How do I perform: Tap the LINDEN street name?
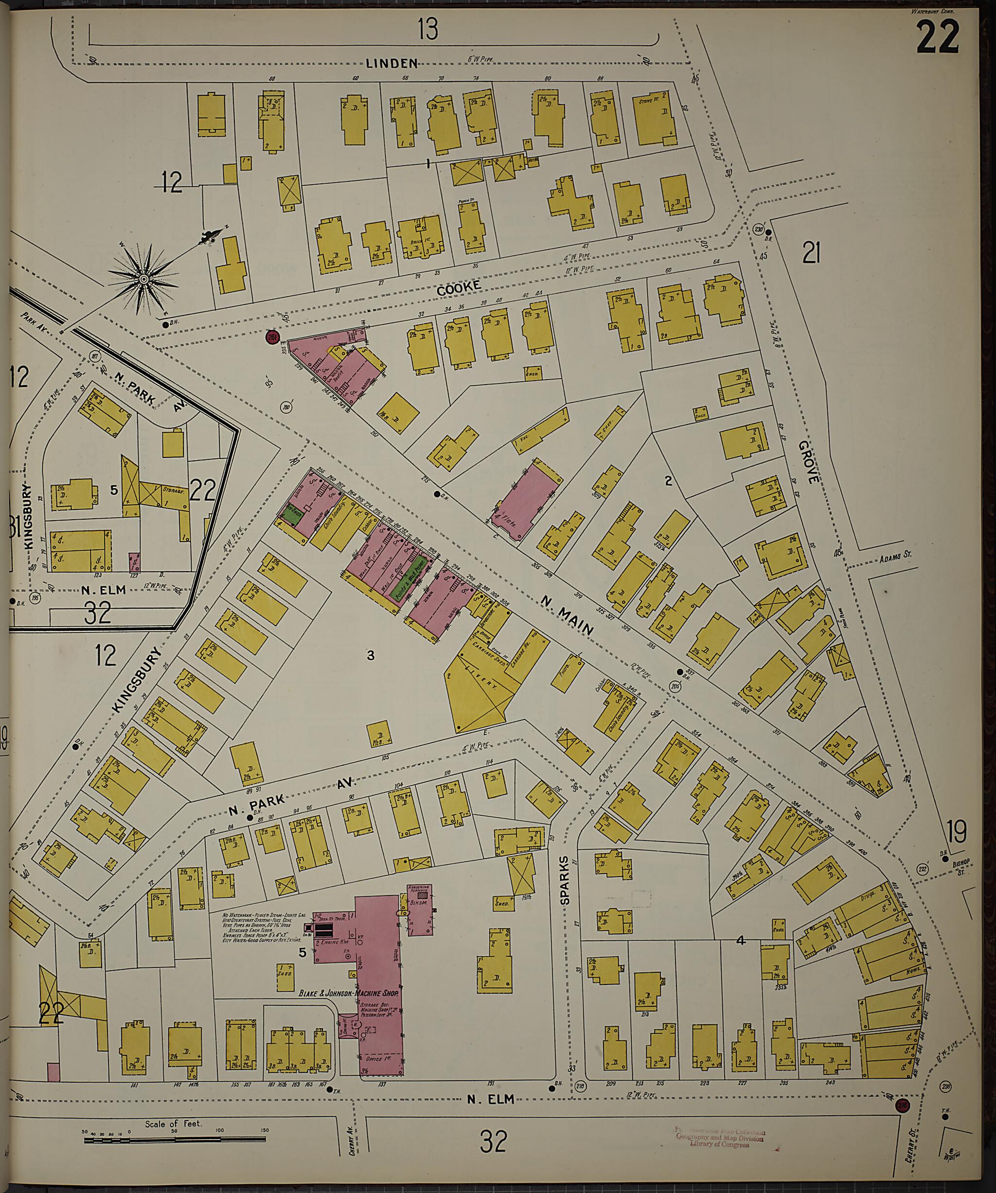(x=392, y=63)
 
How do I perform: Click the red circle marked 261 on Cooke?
(x=273, y=337)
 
